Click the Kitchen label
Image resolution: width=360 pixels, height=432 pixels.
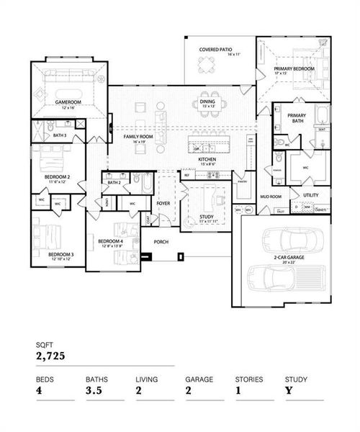point(208,161)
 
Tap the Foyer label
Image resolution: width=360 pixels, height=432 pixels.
point(164,204)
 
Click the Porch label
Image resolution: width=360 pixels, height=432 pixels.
point(161,241)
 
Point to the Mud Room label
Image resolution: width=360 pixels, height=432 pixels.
point(270,195)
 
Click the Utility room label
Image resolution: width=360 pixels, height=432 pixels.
point(311,195)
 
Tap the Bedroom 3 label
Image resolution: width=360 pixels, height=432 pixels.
point(60,254)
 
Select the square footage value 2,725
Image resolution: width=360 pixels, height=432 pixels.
point(50,356)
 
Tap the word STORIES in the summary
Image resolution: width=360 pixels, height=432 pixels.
point(248,378)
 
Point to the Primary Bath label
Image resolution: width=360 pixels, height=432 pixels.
point(297,119)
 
